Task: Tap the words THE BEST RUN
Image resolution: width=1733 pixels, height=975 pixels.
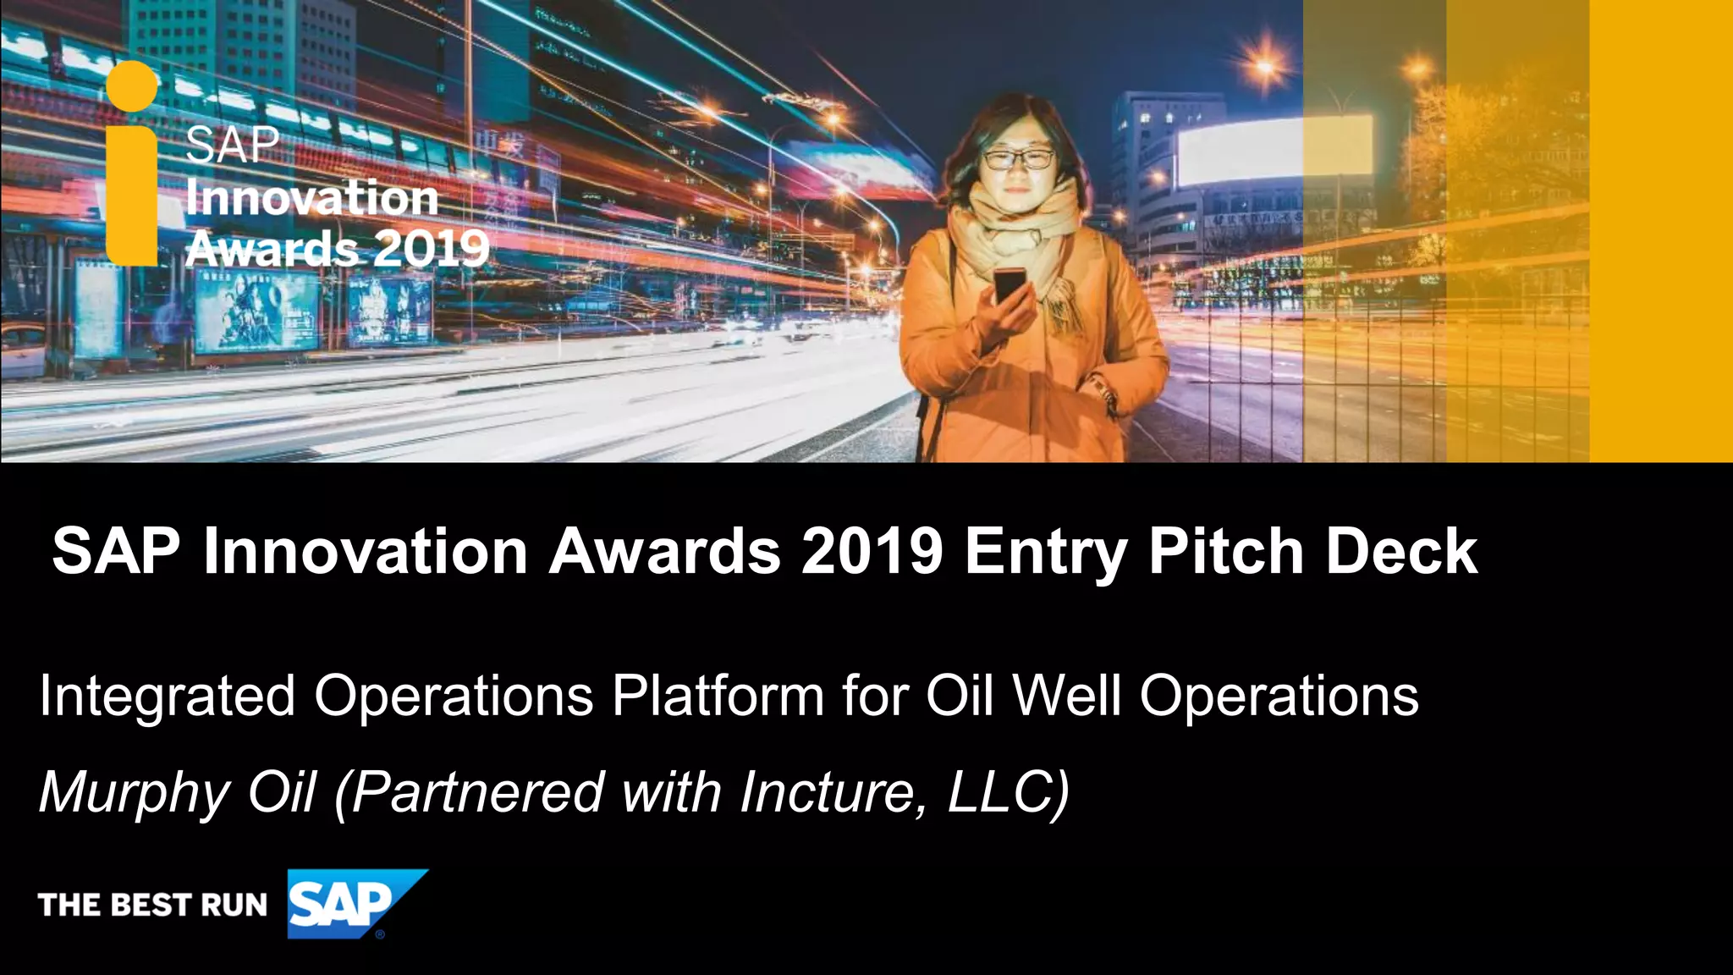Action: coord(153,905)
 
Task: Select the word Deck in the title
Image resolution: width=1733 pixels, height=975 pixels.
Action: coord(1401,552)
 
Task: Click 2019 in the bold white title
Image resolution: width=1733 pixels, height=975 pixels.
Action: coord(872,552)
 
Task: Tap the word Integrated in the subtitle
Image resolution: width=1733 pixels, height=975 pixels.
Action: coord(167,697)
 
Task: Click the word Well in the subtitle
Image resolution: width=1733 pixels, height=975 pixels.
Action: coord(1067,697)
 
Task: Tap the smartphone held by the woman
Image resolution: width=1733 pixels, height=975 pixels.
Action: coord(1010,284)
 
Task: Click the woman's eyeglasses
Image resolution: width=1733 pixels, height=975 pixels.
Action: coord(1019,158)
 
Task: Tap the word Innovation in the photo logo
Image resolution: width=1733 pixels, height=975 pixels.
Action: coord(311,198)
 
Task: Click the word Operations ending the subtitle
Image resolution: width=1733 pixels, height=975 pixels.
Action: coord(1279,697)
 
